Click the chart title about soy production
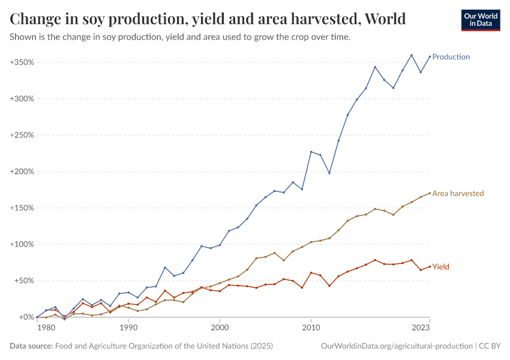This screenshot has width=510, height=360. click(208, 19)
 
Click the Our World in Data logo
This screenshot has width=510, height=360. click(480, 20)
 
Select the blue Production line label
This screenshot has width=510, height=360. click(451, 57)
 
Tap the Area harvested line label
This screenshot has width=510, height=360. click(458, 194)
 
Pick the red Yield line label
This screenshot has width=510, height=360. click(440, 267)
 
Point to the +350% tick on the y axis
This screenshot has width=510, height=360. click(22, 62)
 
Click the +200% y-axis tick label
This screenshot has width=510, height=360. click(22, 172)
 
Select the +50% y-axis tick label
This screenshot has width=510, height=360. click(23, 281)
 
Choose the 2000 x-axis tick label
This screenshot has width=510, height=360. click(220, 328)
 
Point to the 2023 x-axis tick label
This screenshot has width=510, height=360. click(421, 328)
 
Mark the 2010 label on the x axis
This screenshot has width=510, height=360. click(311, 328)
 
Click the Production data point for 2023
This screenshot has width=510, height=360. click(430, 56)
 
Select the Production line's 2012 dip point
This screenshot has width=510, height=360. click(329, 173)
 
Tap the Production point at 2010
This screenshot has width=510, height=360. click(311, 152)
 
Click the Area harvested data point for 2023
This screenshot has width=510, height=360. click(430, 193)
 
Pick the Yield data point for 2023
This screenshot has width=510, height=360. click(430, 266)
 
